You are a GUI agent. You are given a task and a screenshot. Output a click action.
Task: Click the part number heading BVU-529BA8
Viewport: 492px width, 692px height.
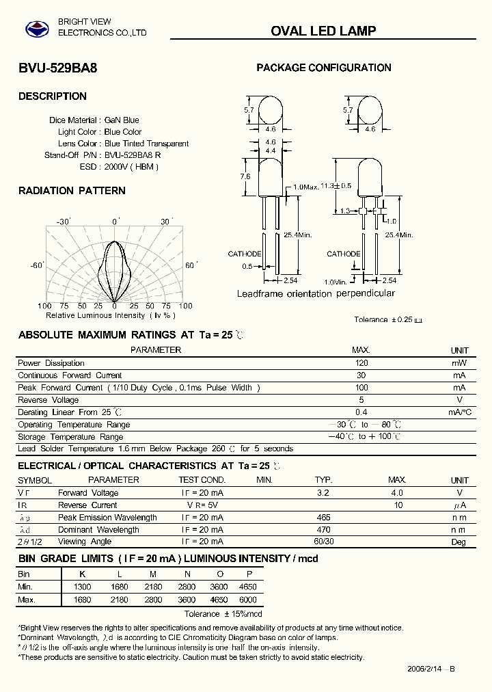tap(52, 68)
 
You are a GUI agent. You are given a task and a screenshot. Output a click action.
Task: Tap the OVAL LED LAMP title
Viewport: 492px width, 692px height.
tap(323, 31)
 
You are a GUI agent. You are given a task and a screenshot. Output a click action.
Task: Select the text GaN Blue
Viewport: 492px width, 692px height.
tap(122, 120)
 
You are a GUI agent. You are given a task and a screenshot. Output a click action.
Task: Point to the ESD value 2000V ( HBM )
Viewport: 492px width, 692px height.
tap(131, 167)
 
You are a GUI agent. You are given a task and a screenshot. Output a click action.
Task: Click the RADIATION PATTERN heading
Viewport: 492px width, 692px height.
tap(72, 191)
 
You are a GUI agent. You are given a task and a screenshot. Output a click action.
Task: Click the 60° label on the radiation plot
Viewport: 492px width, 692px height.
tap(191, 265)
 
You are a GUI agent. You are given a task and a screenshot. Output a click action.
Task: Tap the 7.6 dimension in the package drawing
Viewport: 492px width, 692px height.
tap(245, 176)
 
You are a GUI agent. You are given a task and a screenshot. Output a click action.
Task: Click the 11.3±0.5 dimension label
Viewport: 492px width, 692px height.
tap(336, 186)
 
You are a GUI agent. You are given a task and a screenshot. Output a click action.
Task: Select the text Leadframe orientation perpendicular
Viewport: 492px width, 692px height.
tap(316, 293)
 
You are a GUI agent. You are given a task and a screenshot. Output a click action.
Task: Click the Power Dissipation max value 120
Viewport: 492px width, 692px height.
tap(361, 363)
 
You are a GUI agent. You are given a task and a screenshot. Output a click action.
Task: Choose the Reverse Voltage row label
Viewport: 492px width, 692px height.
tap(48, 400)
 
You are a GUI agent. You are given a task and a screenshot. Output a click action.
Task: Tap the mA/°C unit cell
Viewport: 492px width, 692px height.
tap(460, 412)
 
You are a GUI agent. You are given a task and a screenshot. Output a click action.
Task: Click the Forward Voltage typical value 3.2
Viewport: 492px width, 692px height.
tap(324, 493)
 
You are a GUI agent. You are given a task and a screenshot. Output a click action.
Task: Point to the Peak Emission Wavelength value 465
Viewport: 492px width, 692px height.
tap(324, 518)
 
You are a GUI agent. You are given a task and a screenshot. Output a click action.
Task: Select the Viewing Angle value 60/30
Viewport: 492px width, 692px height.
tap(324, 542)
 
